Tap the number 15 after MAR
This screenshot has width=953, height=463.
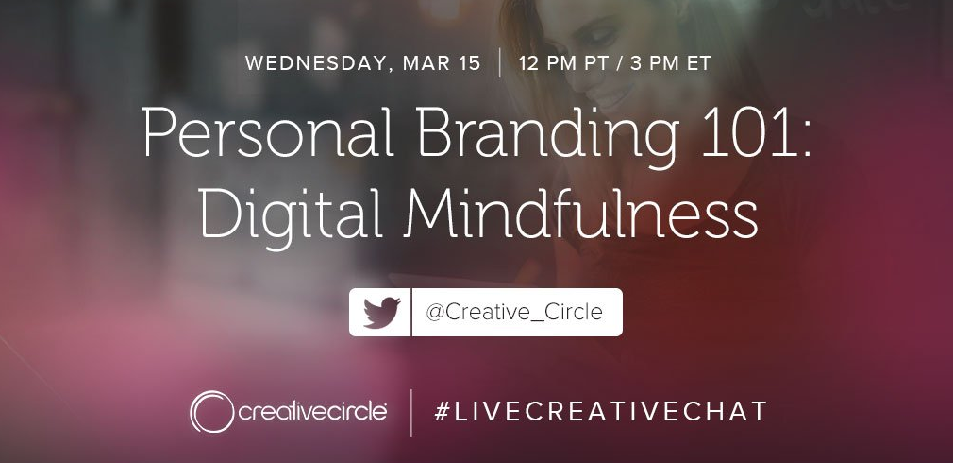coord(469,63)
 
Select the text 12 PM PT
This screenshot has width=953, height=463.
coord(561,63)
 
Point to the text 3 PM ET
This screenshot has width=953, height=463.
coord(670,63)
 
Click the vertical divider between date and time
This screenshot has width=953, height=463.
coord(499,63)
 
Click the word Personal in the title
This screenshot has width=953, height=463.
coord(268,133)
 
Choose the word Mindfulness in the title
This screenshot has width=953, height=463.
coord(581,209)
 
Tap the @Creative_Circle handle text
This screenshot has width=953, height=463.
coord(514,313)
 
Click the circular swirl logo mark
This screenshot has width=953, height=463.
coord(211,412)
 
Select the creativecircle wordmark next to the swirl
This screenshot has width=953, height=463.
coord(312,412)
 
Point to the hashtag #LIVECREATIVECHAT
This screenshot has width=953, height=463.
coord(600,412)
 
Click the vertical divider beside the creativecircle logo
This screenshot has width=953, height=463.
coord(410,413)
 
